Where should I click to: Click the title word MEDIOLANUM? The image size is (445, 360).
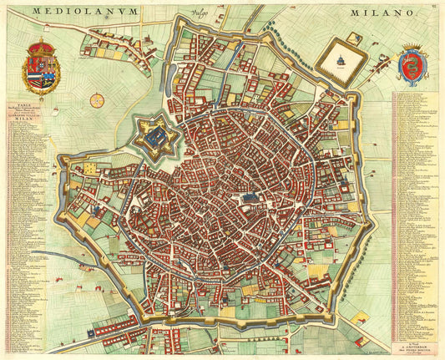[74, 12]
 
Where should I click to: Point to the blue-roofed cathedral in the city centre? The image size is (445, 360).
[249, 197]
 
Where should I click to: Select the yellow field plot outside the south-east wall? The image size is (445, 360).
[362, 317]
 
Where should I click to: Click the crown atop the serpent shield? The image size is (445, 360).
[412, 48]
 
